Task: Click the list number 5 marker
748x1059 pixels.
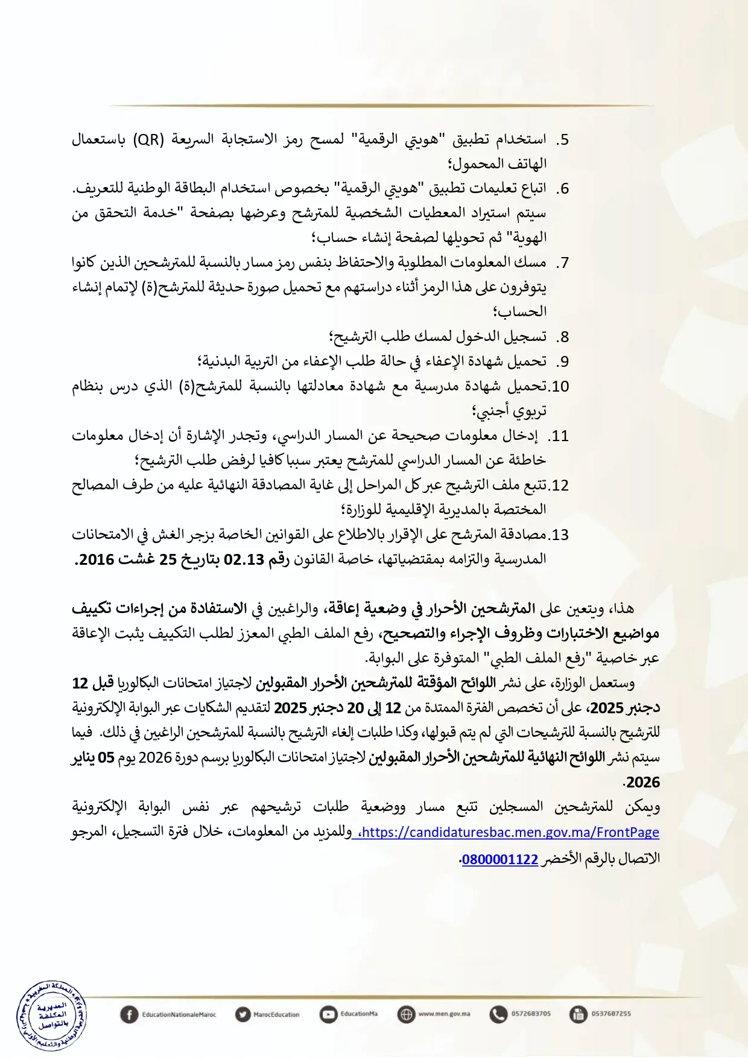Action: click(x=562, y=139)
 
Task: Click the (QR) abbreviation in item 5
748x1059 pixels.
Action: click(x=148, y=139)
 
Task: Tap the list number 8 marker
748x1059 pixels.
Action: click(x=562, y=337)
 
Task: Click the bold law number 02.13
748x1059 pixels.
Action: click(x=244, y=559)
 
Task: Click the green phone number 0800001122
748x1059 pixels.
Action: click(x=499, y=859)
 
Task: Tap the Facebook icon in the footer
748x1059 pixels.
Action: click(x=128, y=1014)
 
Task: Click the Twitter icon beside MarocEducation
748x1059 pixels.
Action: click(x=242, y=1014)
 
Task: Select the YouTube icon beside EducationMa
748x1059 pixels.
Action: click(x=328, y=1014)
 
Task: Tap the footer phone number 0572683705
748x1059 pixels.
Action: click(x=531, y=1014)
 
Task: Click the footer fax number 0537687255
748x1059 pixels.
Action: click(x=610, y=1014)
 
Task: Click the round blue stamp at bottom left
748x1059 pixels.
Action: click(x=51, y=1016)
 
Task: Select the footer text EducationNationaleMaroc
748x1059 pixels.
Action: click(x=179, y=1014)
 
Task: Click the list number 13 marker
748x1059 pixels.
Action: click(x=559, y=535)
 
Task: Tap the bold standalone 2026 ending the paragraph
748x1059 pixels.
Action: click(x=643, y=783)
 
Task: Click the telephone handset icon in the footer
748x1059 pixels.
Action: click(x=498, y=1014)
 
